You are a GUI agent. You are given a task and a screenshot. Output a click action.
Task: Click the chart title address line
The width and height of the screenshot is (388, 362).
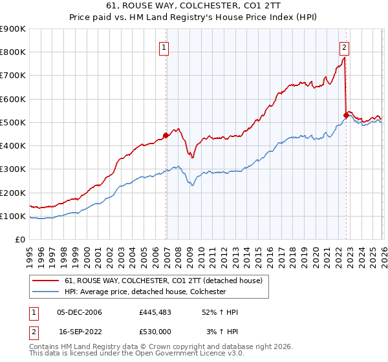coord(194,5)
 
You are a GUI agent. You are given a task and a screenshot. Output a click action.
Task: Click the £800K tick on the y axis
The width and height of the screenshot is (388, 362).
coord(13,52)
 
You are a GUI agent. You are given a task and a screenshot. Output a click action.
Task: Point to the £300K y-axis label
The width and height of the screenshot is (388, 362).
coord(13,169)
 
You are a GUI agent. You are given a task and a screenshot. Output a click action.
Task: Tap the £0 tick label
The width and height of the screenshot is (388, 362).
coord(20,240)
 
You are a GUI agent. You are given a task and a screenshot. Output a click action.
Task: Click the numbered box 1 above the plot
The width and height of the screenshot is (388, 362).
coord(164,47)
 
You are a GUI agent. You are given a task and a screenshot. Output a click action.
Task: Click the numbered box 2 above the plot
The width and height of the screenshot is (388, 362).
coord(345,47)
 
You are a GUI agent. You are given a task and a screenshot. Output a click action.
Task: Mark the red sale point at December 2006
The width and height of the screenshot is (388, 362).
coord(166,135)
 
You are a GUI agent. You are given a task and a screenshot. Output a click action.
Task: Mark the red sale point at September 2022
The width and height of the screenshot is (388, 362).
coord(345,116)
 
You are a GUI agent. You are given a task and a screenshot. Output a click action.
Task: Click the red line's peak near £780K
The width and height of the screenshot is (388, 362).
coord(344,58)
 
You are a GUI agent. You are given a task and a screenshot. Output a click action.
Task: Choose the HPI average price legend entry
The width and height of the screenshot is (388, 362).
coord(145,292)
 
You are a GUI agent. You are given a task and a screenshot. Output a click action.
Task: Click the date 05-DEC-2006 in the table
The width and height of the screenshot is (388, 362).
coord(80,312)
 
